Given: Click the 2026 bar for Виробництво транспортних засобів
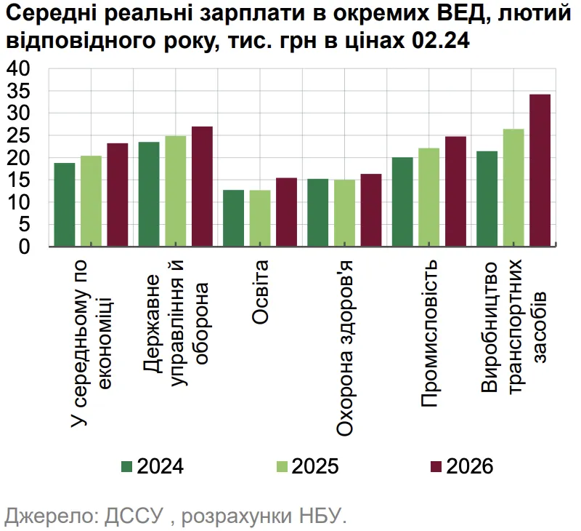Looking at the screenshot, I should coord(540,171).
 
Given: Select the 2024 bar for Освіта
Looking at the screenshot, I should coord(233,218).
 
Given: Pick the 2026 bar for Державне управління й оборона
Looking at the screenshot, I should coord(202,187).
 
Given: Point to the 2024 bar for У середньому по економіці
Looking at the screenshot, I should coord(65,205).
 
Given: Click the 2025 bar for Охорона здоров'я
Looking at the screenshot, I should coord(344,213).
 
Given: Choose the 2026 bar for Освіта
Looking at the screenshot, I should coord(286,212).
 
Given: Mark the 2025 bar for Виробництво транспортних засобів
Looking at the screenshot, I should coord(513,188).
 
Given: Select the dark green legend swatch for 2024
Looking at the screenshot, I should coord(126,466).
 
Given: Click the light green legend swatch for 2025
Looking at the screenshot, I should coord(282,466).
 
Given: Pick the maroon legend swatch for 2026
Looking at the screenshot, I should coord(436,466).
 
